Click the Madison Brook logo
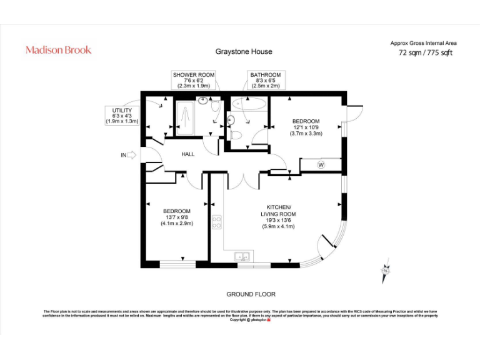[x=58, y=49]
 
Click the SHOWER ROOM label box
[x=194, y=81]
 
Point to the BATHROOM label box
[x=266, y=81]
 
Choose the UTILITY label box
[x=121, y=116]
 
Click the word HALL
[x=188, y=154]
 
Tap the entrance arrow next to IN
[x=131, y=155]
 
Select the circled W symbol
[x=321, y=165]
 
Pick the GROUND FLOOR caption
[x=251, y=294]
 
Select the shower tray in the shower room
[x=185, y=119]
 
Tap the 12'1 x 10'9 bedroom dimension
[x=305, y=127]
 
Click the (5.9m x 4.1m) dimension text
[x=277, y=226]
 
